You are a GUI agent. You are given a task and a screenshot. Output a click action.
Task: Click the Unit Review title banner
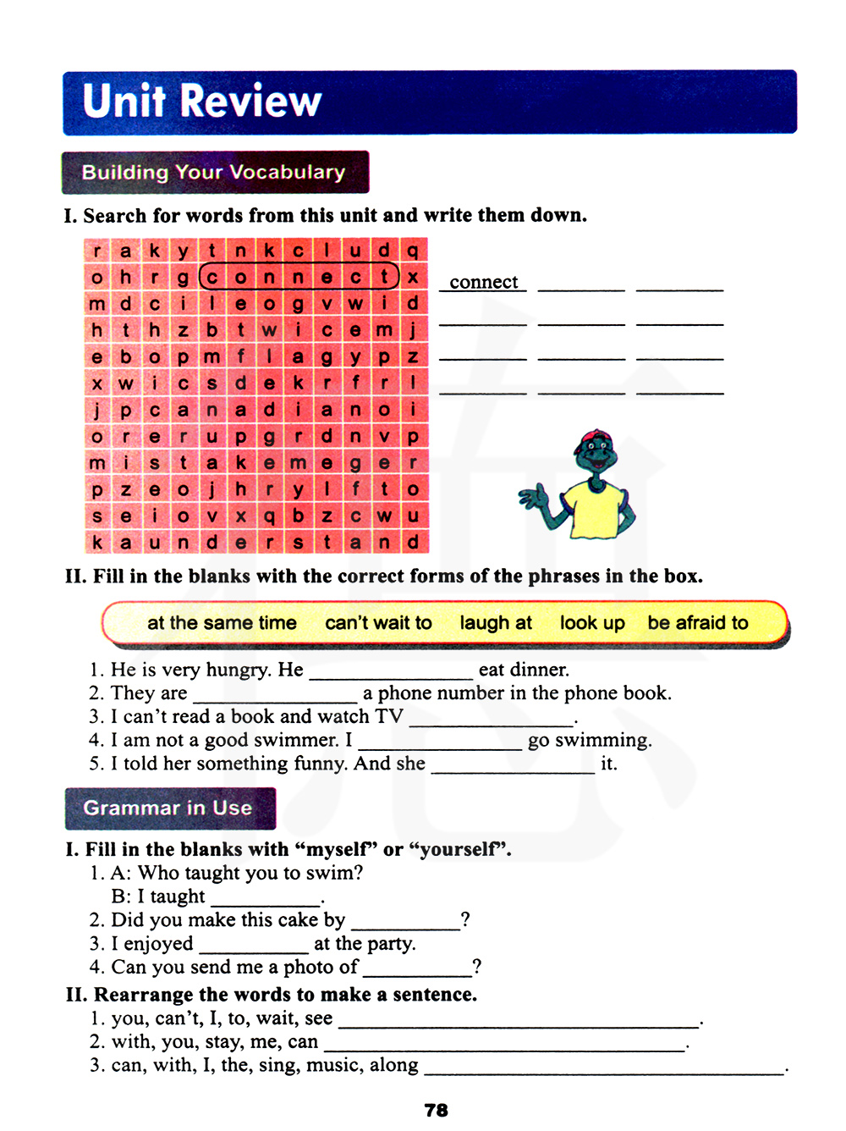pos(429,102)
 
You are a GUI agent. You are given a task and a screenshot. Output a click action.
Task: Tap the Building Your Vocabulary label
pos(215,173)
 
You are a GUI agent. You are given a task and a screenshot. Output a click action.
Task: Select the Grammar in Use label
pos(169,808)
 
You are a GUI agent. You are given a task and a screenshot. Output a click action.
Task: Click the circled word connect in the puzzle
pos(299,277)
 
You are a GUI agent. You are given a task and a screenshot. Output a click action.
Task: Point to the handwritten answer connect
pos(483,282)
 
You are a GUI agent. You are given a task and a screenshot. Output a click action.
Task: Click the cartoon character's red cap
pos(591,439)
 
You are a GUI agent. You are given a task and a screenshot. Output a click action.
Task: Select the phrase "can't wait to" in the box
pos(378,623)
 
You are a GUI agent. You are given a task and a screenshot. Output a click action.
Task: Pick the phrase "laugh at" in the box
pos(496,623)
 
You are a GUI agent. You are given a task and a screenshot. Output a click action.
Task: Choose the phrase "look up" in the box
pos(592,623)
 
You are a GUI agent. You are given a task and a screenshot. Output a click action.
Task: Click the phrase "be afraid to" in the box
pos(698,623)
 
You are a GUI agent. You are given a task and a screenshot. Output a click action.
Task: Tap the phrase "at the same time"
pos(222,623)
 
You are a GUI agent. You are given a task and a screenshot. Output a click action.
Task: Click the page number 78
pos(437,1110)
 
